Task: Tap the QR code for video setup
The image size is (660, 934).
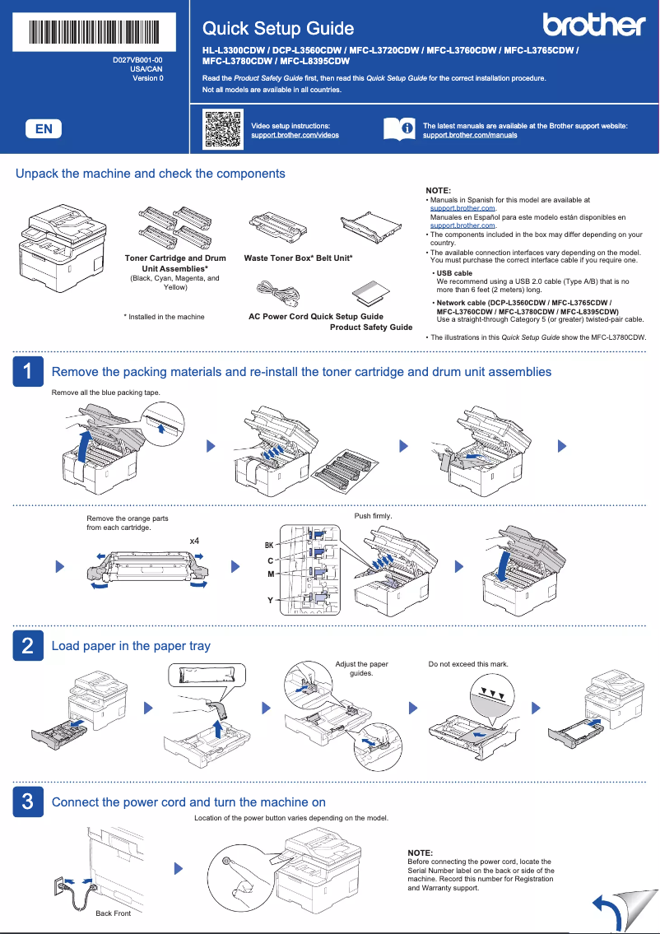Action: tap(222, 128)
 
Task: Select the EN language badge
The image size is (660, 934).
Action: tap(44, 128)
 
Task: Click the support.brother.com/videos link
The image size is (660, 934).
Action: tap(295, 135)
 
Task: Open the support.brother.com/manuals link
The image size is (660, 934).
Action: tap(470, 135)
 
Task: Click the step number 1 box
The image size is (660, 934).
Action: tap(27, 372)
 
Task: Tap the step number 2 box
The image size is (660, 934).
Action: tap(27, 646)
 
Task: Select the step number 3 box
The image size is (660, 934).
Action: tap(27, 802)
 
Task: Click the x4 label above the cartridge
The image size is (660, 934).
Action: tap(195, 541)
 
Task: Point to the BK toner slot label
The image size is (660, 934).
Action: tap(268, 546)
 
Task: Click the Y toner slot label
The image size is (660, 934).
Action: tap(270, 601)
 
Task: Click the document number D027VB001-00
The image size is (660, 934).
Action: tap(137, 61)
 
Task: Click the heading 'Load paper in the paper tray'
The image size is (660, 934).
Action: tap(131, 646)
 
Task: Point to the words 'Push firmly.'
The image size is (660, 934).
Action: tap(373, 516)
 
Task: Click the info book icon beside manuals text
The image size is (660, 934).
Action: tap(399, 129)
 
